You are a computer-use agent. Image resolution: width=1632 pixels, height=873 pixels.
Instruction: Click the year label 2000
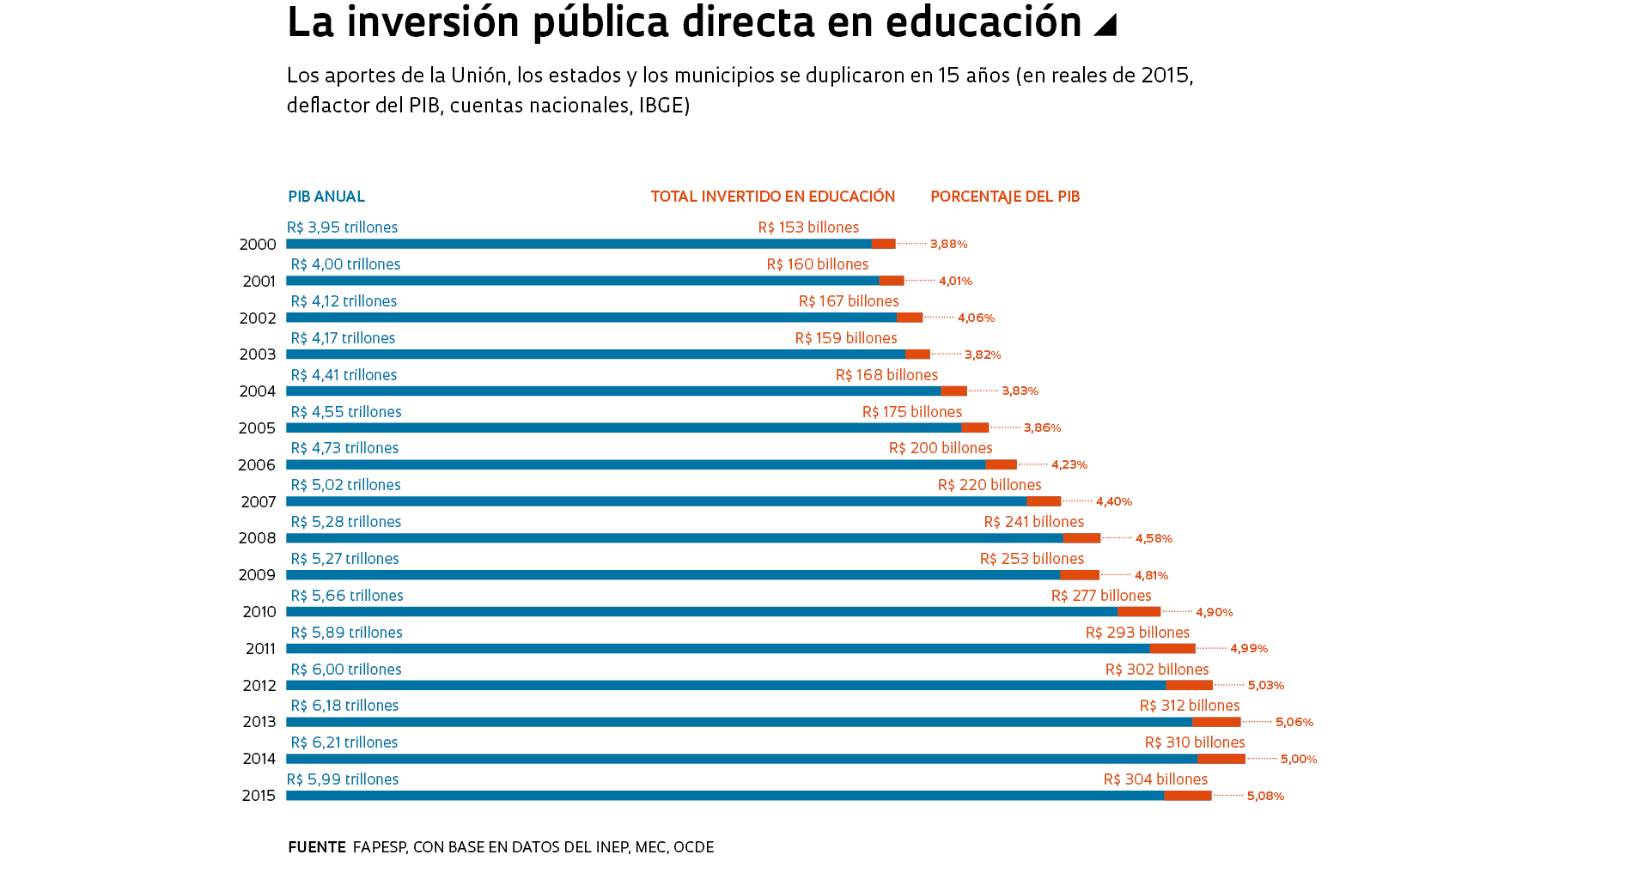258,245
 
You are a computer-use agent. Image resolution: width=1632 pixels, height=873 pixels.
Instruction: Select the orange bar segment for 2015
1188,796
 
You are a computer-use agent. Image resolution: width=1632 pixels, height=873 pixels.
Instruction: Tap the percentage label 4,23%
1069,465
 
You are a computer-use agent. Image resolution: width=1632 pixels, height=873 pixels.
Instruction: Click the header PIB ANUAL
326,197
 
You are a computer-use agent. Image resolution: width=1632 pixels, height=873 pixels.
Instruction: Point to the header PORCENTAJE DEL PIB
1005,197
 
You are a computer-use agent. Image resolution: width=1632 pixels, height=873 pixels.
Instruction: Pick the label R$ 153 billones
808,227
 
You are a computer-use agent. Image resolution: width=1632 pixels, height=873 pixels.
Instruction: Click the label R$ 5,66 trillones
347,596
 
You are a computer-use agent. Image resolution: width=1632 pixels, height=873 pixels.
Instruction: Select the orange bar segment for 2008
1081,538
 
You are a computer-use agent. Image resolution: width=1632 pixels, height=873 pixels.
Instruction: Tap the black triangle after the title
1105,25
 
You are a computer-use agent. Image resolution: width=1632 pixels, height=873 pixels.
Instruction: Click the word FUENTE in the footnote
317,847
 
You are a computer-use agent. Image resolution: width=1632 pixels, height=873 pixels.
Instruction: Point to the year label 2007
258,502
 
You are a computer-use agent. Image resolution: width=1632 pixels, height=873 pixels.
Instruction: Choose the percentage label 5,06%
1294,723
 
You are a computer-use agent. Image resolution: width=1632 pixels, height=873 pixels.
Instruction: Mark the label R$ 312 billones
1190,706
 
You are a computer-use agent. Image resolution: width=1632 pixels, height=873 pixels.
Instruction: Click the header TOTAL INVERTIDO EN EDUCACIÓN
773,197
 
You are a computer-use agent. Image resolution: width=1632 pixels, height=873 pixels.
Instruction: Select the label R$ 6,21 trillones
344,743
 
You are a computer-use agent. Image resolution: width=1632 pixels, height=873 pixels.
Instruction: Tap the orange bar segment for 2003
917,355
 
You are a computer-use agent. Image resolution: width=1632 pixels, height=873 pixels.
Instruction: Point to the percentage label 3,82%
983,355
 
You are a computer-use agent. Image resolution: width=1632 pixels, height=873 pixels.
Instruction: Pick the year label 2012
259,686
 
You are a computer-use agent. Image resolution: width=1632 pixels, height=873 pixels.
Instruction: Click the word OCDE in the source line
693,847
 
